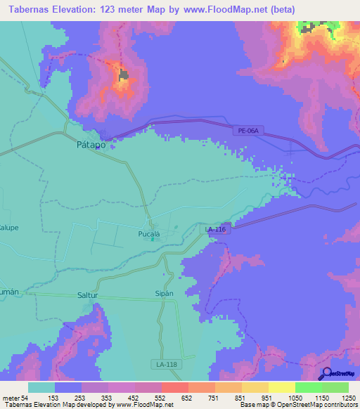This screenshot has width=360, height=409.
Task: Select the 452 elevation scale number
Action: [x=121, y=398]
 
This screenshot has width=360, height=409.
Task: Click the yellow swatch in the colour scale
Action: [x=281, y=387]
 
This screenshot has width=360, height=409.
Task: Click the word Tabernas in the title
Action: [x=30, y=9]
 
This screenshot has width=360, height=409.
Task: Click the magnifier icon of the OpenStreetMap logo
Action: [x=325, y=373]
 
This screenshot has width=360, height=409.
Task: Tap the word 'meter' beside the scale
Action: [x=12, y=398]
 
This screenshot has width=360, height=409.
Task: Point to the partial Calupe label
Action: [x=8, y=228]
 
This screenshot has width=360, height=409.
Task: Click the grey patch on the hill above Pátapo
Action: [x=124, y=74]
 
